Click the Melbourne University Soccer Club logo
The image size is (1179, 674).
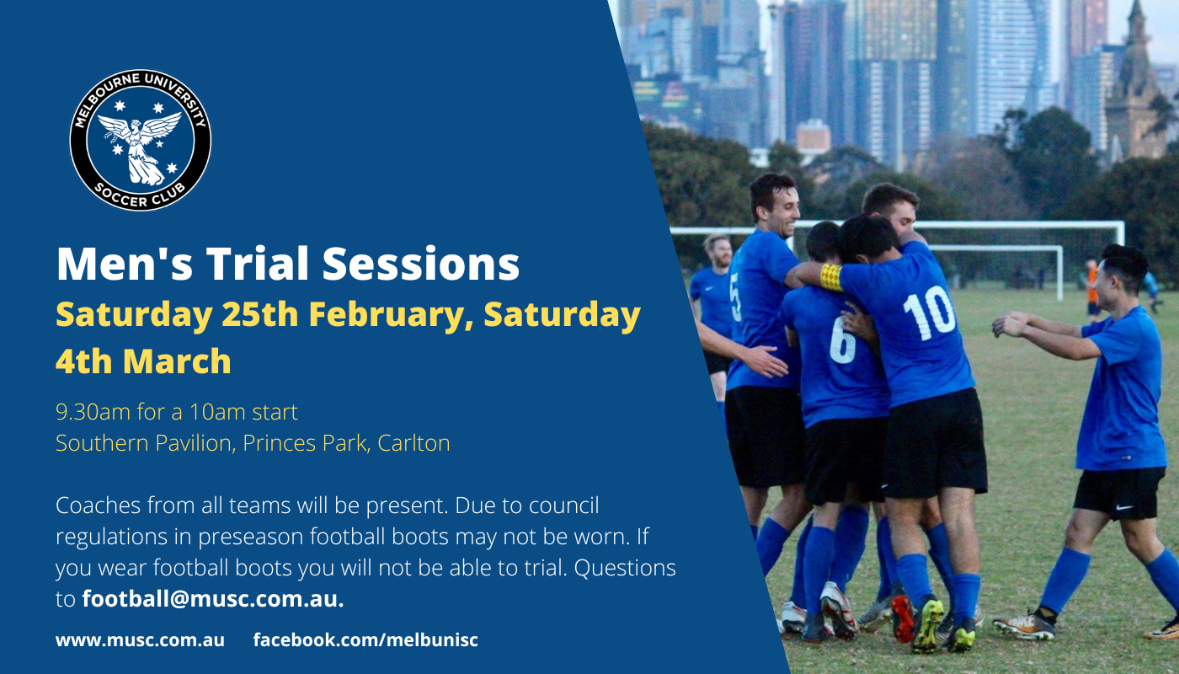141,140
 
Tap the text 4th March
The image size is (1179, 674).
143,361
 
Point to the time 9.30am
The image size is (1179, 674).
93,412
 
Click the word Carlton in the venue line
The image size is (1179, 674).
413,443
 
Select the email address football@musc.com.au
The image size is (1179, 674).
212,599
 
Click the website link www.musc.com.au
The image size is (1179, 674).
140,639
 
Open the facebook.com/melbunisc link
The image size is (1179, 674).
365,639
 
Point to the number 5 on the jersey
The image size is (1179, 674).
735,297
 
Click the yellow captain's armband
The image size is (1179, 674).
831,277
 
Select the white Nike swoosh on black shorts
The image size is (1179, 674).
1124,507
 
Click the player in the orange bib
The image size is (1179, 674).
1092,288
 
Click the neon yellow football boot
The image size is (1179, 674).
927,625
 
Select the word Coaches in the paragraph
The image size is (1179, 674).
98,505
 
